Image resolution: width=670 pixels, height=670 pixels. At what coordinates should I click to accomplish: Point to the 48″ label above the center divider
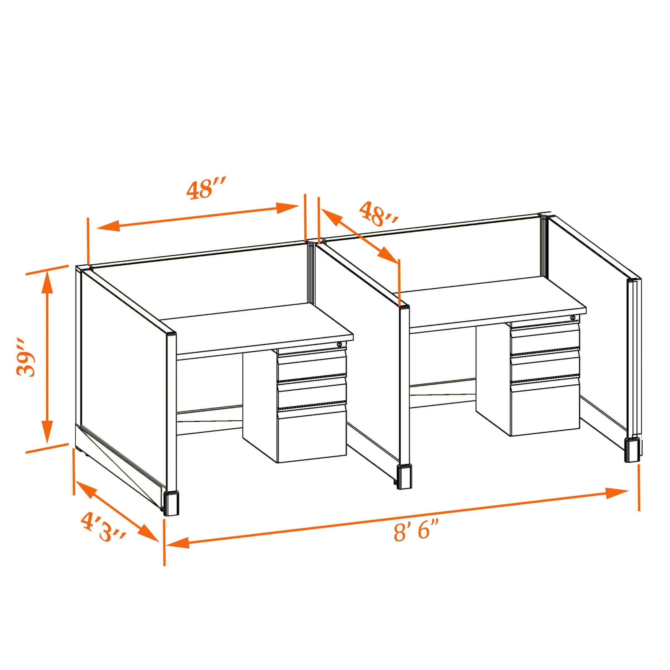pos(378,215)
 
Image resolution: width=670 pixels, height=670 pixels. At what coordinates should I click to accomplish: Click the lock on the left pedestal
pos(339,344)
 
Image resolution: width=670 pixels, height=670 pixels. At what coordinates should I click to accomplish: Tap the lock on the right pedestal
pos(573,318)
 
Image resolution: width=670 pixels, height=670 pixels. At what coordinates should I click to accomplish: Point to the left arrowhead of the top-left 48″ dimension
pos(108,226)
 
